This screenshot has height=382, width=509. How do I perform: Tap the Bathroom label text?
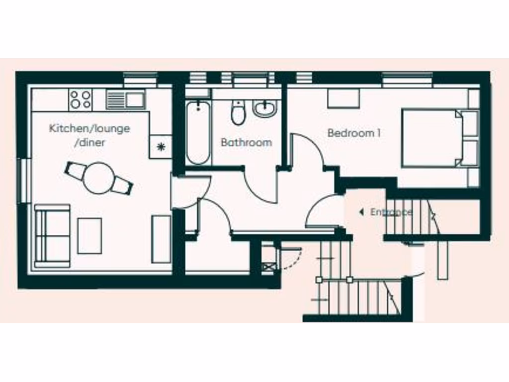coord(246,142)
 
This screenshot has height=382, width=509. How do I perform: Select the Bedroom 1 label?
coord(354,133)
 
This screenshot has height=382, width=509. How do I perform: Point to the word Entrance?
coord(391,212)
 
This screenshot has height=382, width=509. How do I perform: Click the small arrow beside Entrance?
coord(361,212)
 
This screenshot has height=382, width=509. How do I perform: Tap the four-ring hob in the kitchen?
coord(81,99)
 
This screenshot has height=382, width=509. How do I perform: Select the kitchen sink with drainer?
coord(125,99)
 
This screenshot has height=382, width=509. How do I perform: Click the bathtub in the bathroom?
coord(198,132)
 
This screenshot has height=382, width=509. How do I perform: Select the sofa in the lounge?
coord(52,235)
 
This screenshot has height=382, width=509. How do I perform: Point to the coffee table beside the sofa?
coord(89,235)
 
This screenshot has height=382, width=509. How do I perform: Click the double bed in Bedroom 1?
coord(435,138)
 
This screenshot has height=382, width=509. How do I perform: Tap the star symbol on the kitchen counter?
coord(161,146)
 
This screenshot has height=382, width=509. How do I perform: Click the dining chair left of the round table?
coord(75,171)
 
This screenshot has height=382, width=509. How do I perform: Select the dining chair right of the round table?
coord(122,185)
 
